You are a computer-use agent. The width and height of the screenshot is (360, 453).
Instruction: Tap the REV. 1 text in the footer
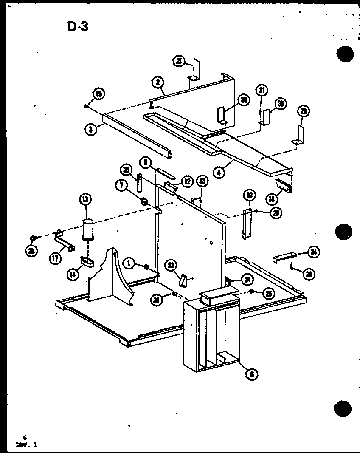pos(26,445)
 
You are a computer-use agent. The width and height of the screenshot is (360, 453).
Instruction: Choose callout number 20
pos(304,111)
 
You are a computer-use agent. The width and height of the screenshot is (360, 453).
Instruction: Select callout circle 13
pos(86,199)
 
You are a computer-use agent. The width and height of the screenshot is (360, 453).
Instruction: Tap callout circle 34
pos(313,253)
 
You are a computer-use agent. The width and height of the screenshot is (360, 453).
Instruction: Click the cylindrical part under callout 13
pos(88,230)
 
